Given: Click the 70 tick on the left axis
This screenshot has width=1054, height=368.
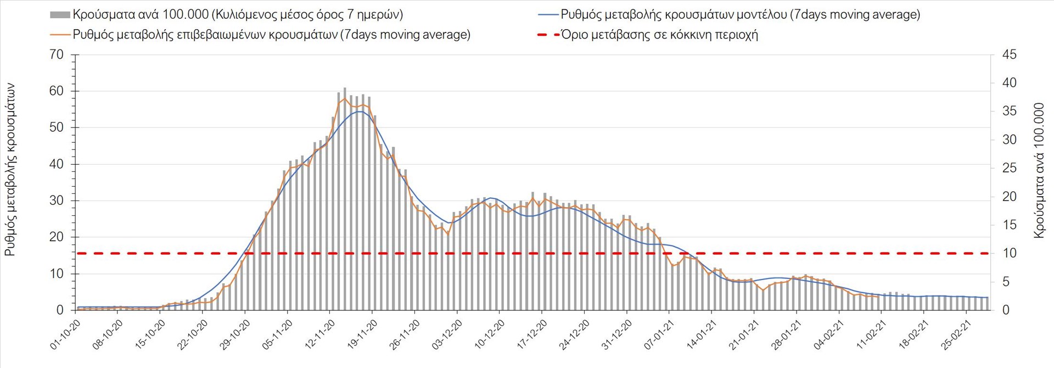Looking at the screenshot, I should (57, 55).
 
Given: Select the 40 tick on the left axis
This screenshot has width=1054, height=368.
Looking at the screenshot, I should (57, 164).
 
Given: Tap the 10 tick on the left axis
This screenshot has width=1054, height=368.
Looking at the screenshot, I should (57, 274).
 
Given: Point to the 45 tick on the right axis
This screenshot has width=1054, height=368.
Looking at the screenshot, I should (1010, 55).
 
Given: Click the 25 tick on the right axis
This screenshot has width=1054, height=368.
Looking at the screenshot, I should (1010, 168).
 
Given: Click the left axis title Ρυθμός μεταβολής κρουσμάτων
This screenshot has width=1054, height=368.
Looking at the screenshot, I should (10, 170).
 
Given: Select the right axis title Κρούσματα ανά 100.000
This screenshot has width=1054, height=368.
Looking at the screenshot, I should (1039, 170).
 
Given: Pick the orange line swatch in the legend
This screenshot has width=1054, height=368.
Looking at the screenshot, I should (60, 35).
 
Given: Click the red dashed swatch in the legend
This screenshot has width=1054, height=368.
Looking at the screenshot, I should (547, 35).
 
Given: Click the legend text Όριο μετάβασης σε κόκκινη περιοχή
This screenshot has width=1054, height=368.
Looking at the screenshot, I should (659, 35).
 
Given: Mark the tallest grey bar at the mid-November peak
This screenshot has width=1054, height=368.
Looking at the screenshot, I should (345, 199).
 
